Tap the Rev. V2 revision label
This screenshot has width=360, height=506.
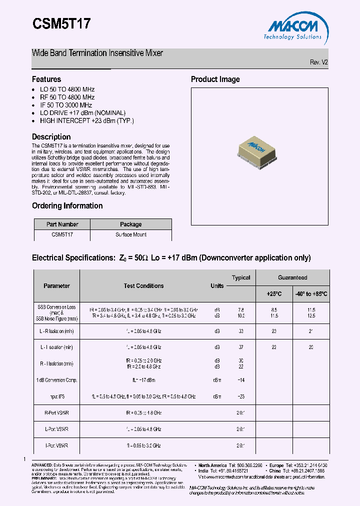click(318, 62)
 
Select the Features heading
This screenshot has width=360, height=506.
click(46, 79)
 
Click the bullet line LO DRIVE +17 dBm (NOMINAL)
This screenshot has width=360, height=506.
click(82, 113)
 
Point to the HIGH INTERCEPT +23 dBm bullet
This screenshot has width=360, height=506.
click(87, 120)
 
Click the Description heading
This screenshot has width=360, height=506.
click(51, 136)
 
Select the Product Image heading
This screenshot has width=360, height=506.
click(215, 79)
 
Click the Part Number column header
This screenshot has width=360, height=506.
click(62, 224)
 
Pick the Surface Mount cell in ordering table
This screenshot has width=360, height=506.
click(130, 234)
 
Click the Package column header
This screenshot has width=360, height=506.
click(130, 224)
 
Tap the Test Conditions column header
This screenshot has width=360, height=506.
click(143, 286)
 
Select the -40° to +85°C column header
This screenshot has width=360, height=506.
click(310, 294)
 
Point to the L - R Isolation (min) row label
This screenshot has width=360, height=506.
click(56, 331)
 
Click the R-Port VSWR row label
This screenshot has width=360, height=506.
click(56, 413)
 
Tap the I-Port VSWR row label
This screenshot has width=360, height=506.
click(56, 445)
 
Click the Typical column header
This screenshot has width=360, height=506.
click(241, 278)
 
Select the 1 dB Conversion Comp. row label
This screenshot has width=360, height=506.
click(56, 380)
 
